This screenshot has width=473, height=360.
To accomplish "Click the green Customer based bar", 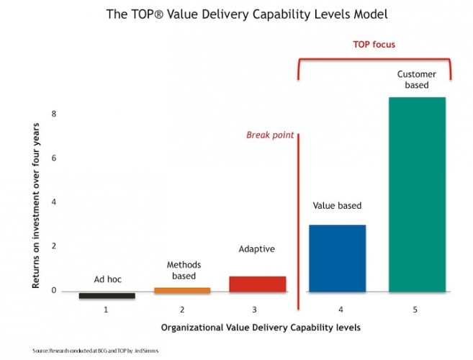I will [x=418, y=194].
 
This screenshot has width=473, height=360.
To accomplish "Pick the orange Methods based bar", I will [x=182, y=290].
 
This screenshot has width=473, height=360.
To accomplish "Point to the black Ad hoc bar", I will [x=107, y=296].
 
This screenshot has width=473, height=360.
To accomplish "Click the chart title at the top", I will [x=236, y=13].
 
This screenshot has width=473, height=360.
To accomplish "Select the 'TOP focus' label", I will [x=374, y=45].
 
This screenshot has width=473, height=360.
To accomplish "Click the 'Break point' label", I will [x=270, y=135].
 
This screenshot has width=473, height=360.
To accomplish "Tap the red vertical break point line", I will [x=297, y=216].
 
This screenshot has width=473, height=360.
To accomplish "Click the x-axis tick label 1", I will [x=106, y=310].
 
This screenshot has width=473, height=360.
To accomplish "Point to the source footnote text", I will [x=96, y=350].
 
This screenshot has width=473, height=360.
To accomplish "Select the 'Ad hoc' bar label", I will [x=107, y=279].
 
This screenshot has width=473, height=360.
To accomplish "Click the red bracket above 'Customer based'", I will [x=374, y=63].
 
